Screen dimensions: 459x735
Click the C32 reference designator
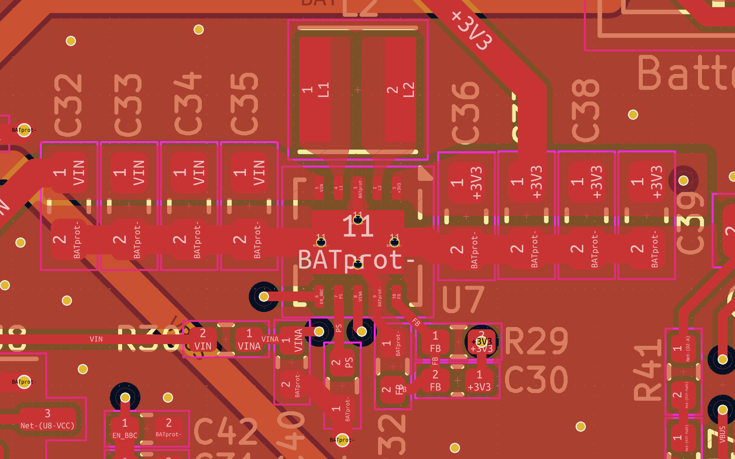[x=68, y=105]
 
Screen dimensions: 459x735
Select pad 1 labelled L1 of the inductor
[x=315, y=90]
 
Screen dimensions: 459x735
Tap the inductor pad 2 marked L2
[x=401, y=90]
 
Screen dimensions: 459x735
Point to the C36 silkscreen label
[x=465, y=113]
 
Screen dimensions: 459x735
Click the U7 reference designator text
[x=463, y=300]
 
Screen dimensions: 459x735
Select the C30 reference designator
[x=536, y=379]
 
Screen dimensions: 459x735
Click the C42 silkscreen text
[x=225, y=431]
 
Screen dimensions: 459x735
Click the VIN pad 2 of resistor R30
[x=203, y=339]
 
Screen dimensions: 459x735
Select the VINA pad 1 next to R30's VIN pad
[x=249, y=339]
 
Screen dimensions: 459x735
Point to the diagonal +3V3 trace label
[x=472, y=30]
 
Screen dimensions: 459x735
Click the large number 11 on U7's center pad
[x=358, y=226]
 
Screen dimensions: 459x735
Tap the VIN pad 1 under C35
[x=249, y=172]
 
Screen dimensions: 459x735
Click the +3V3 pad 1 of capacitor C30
[x=479, y=381]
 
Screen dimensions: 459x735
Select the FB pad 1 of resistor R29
[x=435, y=342]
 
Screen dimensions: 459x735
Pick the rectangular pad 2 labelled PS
[x=342, y=363]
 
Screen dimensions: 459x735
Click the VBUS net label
[x=722, y=434]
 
